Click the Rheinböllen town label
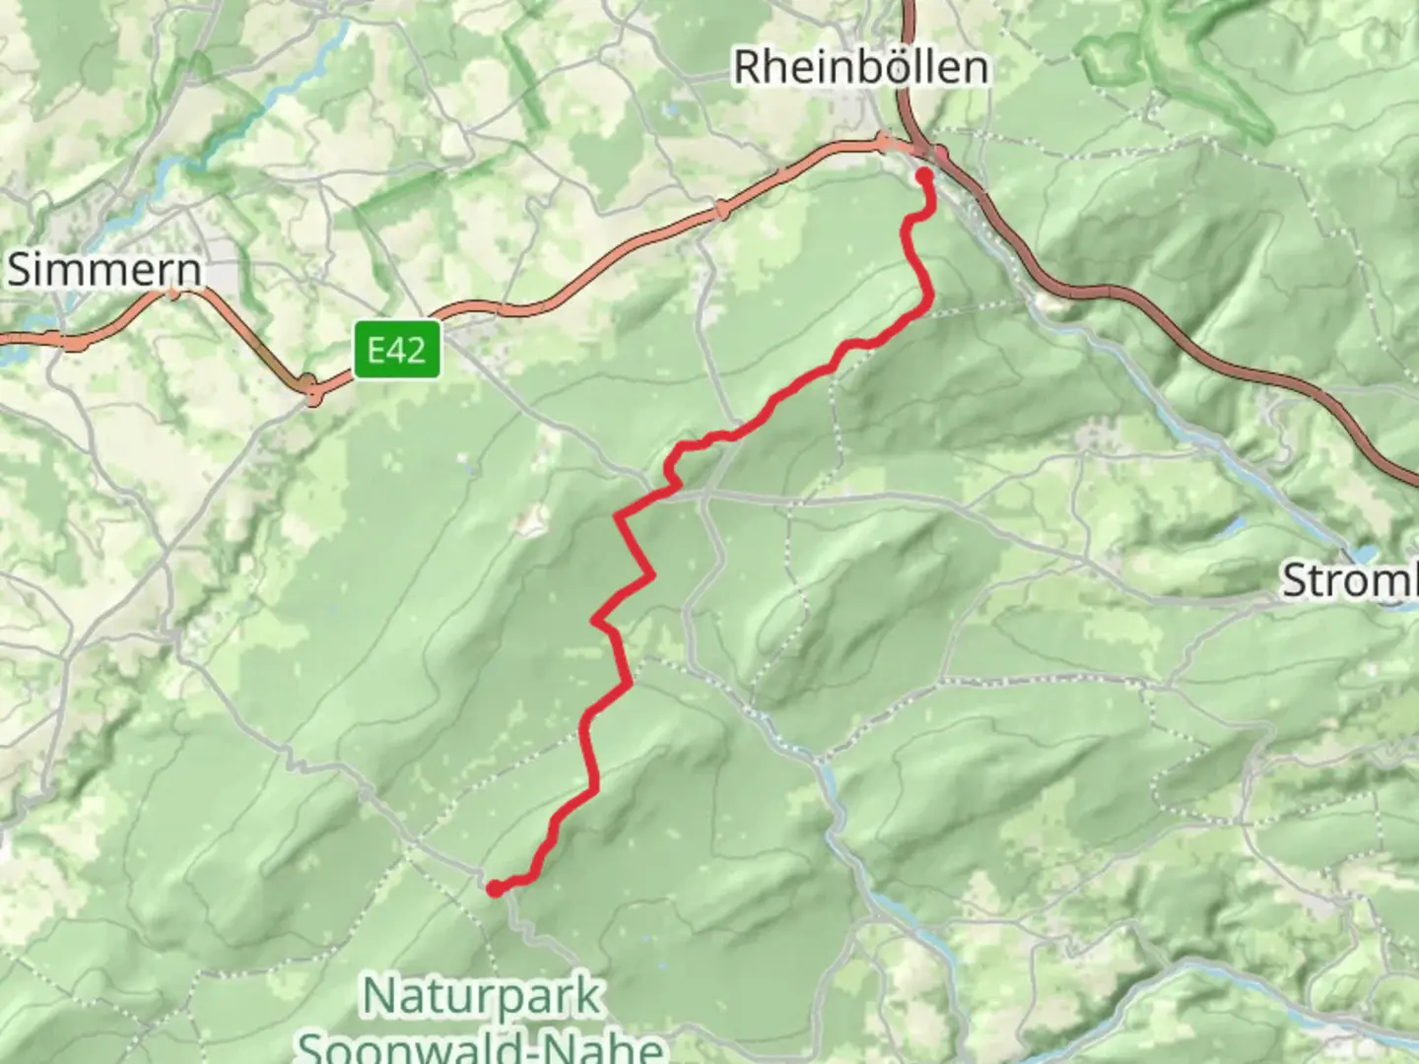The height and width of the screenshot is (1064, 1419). pos(860,67)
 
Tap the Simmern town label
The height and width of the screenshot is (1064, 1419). pos(104,270)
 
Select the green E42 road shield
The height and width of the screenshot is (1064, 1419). pos(397,350)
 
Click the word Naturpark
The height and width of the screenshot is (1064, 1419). pos(482,996)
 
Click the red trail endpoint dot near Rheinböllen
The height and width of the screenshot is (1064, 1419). pos(924,176)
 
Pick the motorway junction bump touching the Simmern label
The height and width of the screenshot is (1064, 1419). pos(173,292)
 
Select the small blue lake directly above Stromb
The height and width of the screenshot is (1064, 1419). pos(1366,555)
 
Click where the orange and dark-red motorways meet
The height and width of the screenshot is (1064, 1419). pos(921,149)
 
